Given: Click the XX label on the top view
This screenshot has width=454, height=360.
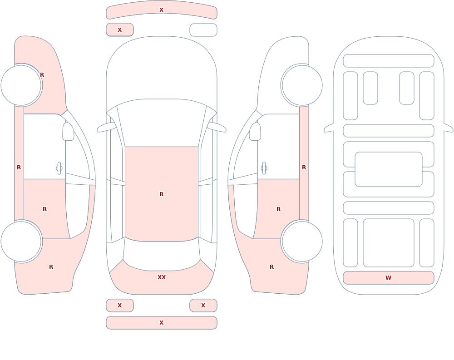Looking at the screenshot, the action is pyautogui.click(x=162, y=277).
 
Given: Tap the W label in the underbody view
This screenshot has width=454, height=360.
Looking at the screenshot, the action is pyautogui.click(x=388, y=277).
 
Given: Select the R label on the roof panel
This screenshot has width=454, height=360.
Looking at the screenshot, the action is pyautogui.click(x=162, y=194).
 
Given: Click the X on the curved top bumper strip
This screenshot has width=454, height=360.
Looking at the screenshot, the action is pyautogui.click(x=162, y=10).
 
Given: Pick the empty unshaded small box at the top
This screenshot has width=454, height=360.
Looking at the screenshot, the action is pyautogui.click(x=203, y=30).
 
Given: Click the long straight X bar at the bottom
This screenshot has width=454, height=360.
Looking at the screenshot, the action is pyautogui.click(x=162, y=323).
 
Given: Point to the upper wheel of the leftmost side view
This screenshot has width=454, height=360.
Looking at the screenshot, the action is pyautogui.click(x=21, y=85).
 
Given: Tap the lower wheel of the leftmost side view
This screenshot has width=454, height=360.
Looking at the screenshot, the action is pyautogui.click(x=21, y=241).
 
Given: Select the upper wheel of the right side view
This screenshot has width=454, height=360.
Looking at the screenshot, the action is pyautogui.click(x=302, y=85).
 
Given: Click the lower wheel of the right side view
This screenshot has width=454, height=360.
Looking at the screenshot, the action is pyautogui.click(x=302, y=241).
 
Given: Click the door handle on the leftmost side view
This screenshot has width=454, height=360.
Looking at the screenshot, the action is pyautogui.click(x=59, y=168).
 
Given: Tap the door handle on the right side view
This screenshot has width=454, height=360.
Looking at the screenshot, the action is pyautogui.click(x=264, y=168).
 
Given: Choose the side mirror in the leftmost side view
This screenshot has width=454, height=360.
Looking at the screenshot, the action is pyautogui.click(x=68, y=132).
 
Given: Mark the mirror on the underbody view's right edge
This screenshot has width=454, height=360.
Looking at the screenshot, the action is pyautogui.click(x=449, y=128).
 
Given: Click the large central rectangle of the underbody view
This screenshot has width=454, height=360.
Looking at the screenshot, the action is pyautogui.click(x=389, y=169).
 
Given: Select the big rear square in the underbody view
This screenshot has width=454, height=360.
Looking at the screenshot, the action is pyautogui.click(x=389, y=243).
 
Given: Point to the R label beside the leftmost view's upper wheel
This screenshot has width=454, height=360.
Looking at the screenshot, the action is pyautogui.click(x=42, y=75).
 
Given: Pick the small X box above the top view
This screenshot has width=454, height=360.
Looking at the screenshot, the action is pyautogui.click(x=119, y=30).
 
